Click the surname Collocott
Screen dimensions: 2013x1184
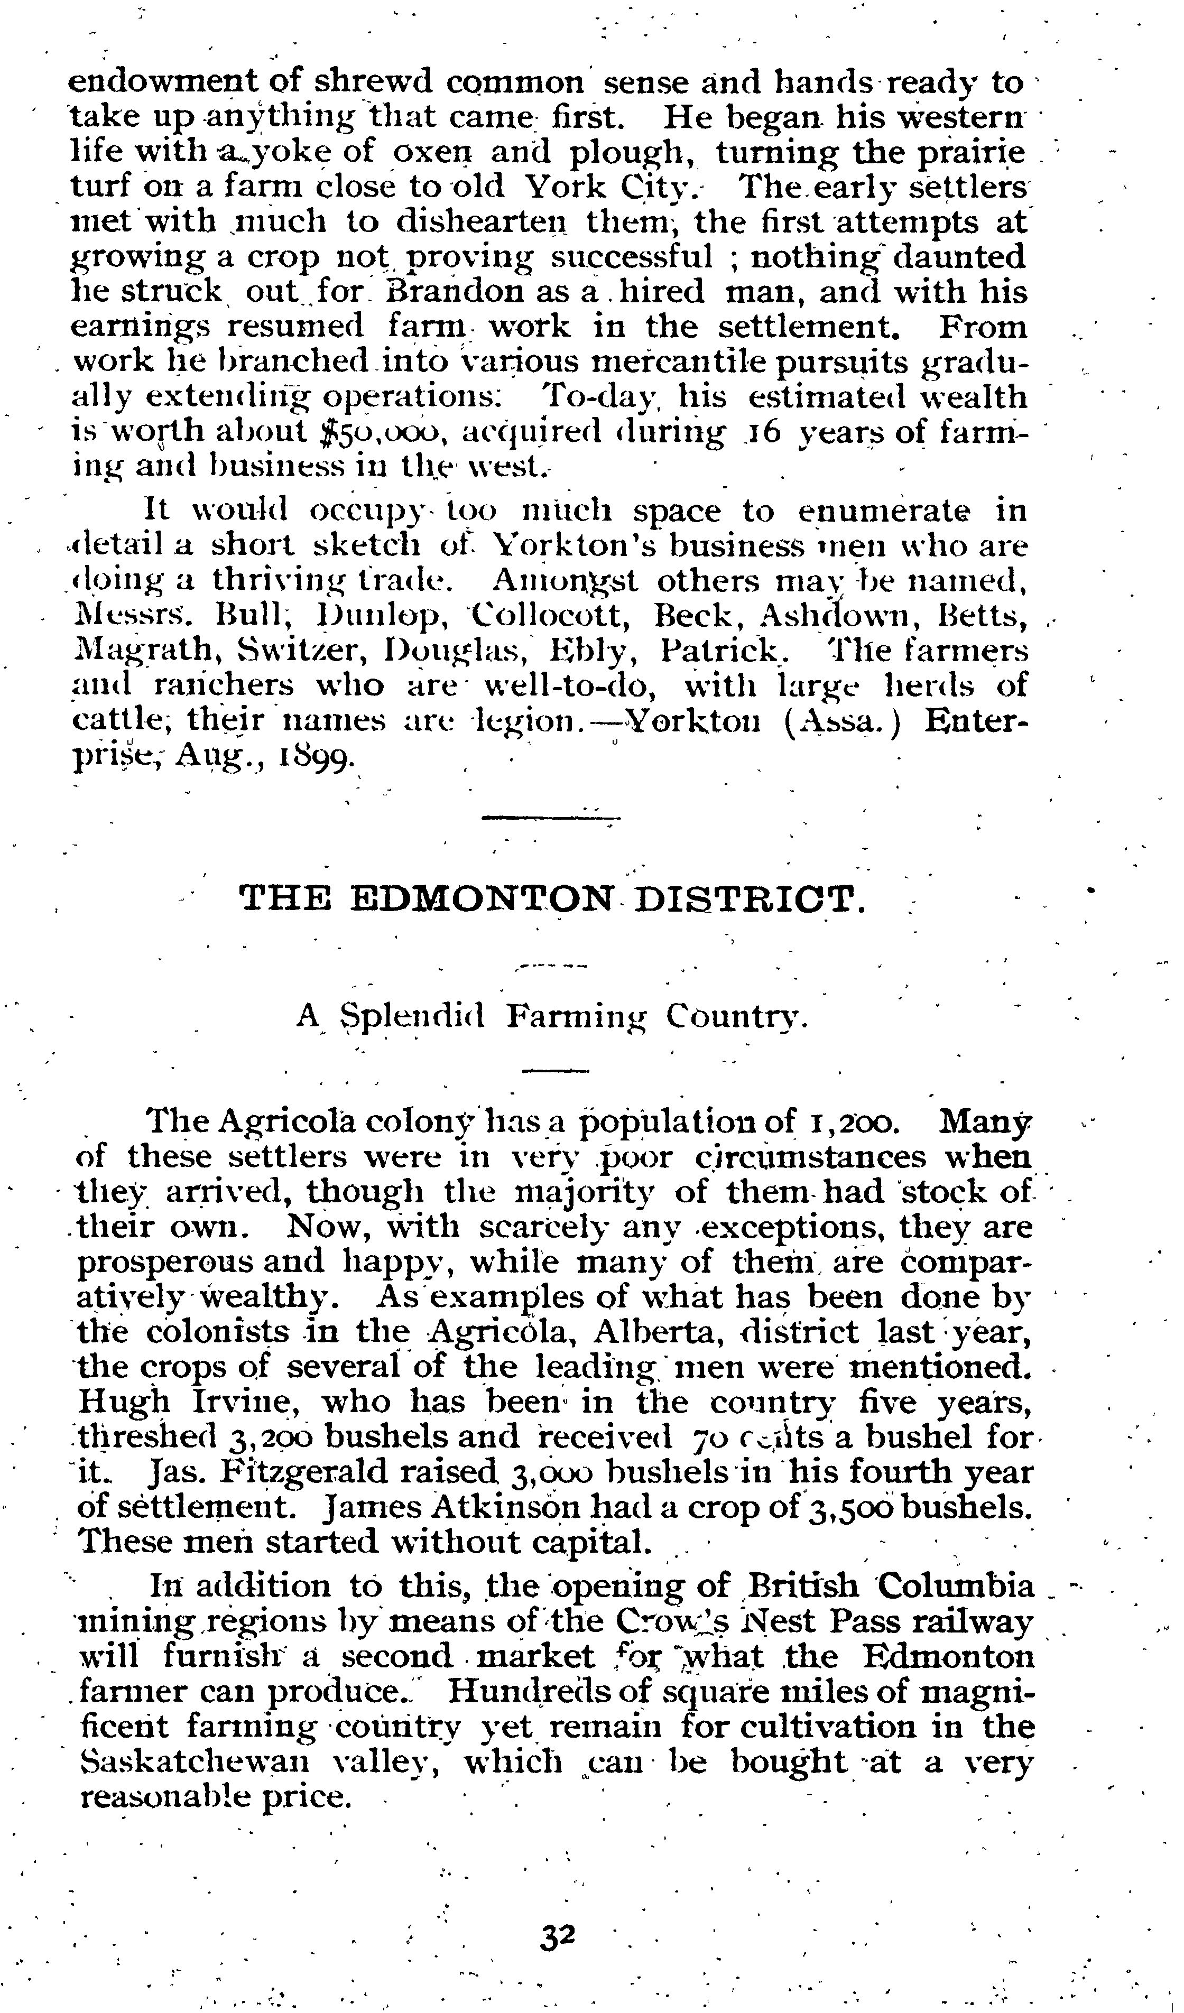point(550,616)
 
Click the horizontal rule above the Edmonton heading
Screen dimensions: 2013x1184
point(551,817)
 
